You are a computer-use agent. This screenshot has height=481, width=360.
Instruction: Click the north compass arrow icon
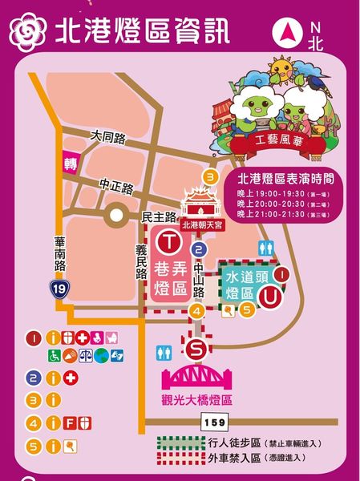coord(287,34)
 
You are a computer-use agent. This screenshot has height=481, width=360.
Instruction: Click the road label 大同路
coord(107,138)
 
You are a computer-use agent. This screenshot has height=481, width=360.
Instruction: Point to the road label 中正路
coord(116,185)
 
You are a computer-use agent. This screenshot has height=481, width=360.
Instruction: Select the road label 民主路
coord(157,217)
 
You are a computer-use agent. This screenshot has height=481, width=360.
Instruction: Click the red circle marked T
coord(168,240)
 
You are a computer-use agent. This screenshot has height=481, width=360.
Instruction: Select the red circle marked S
coord(196,349)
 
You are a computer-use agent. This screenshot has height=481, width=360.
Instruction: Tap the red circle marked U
coord(273,297)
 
